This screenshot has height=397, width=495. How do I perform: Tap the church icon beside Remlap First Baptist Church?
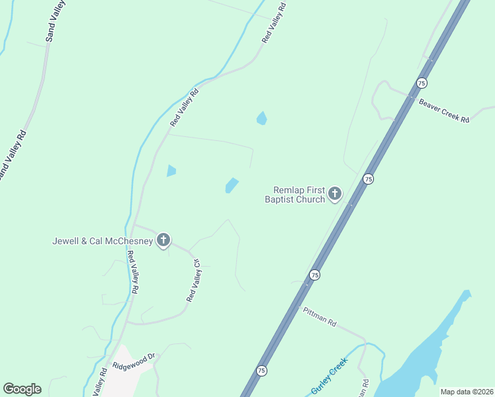click(335, 194)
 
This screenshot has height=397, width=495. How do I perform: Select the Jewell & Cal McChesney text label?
click(103, 241)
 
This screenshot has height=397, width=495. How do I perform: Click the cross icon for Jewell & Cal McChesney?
click(163, 240)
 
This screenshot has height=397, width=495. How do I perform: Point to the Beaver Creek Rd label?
click(443, 110)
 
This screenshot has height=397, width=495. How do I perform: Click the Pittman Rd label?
click(320, 318)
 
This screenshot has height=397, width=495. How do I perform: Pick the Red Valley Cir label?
click(194, 281)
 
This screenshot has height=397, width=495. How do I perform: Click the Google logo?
click(22, 389)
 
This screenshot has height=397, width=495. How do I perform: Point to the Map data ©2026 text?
click(466, 392)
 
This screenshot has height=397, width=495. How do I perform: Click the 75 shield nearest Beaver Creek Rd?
click(422, 83)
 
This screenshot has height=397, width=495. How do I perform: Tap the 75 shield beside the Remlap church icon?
click(368, 179)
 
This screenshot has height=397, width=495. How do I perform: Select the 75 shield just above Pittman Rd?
click(315, 275)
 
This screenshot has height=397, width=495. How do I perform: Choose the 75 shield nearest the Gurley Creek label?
click(262, 371)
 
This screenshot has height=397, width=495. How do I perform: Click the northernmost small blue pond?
click(261, 118)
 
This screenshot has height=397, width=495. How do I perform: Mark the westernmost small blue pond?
click(171, 171)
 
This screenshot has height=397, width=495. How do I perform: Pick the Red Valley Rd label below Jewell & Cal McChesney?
click(133, 273)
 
